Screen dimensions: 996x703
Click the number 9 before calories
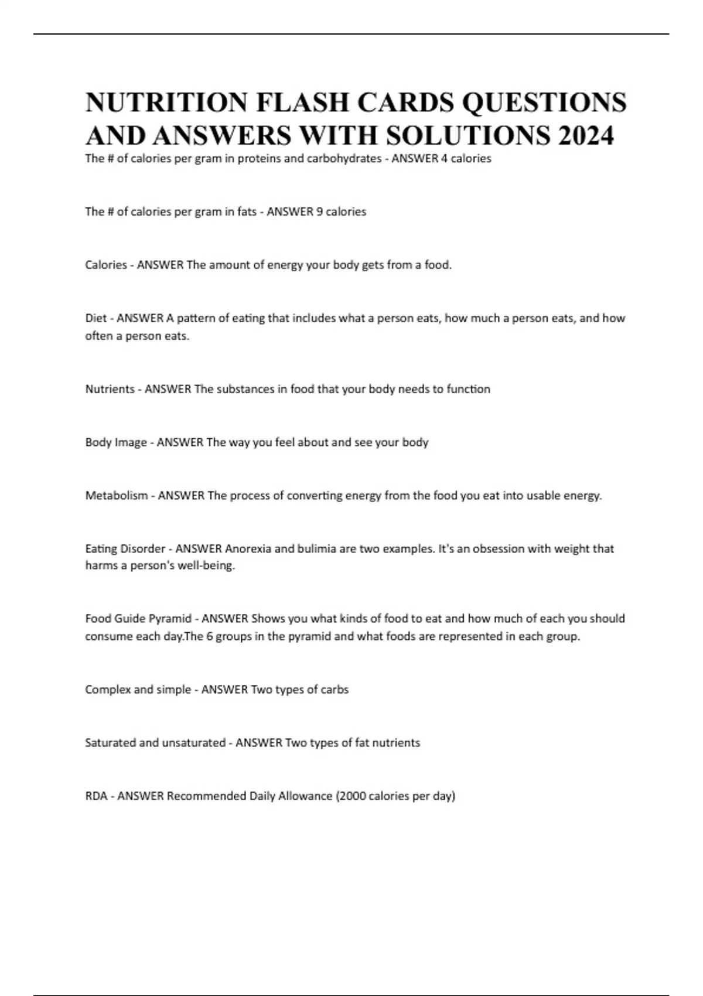click(319, 212)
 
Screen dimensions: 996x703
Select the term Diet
click(95, 318)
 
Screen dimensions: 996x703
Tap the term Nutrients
click(110, 389)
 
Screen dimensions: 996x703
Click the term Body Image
click(116, 442)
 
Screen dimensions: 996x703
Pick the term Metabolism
click(117, 496)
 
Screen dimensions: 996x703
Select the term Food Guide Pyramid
click(138, 619)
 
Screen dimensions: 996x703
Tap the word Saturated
click(110, 743)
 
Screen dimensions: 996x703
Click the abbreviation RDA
click(97, 796)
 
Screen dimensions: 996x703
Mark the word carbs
click(336, 690)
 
